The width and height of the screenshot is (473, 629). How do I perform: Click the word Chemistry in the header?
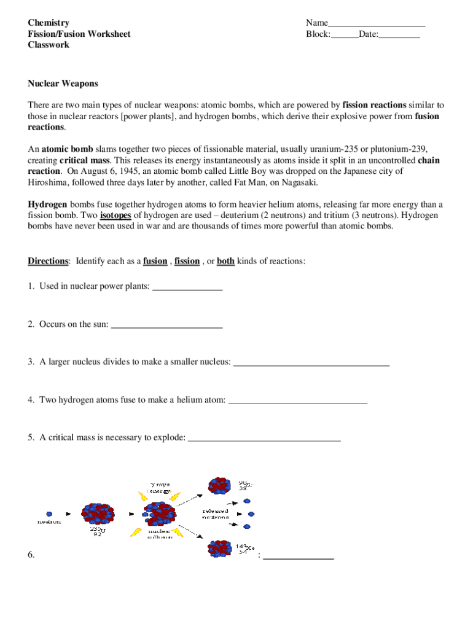click(x=49, y=23)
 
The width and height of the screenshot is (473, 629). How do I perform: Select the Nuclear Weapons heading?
click(x=63, y=84)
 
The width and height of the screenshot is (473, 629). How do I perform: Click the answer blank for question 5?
click(x=264, y=439)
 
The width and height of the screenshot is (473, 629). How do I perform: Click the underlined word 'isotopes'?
click(x=115, y=216)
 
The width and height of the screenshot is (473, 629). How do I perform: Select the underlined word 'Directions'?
click(x=48, y=261)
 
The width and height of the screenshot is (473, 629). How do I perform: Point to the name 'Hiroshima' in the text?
click(x=49, y=183)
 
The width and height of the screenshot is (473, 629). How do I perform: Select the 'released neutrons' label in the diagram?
click(x=215, y=514)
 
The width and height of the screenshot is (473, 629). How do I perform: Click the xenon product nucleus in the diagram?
click(x=220, y=547)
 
